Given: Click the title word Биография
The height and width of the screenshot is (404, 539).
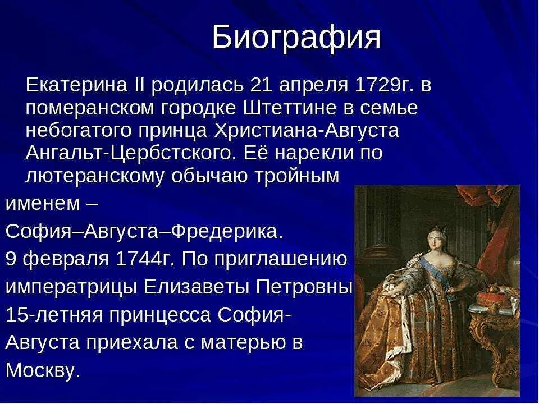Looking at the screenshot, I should tap(296, 38).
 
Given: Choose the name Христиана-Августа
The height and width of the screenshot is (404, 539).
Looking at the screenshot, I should tap(307, 131).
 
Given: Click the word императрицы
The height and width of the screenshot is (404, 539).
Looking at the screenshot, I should tap(71, 287).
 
